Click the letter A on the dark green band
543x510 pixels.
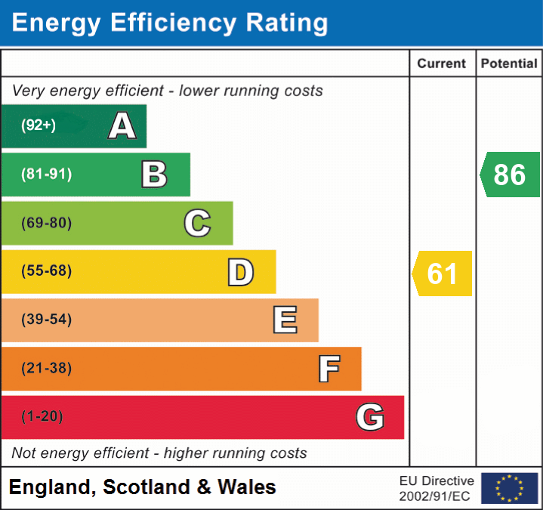point(122,126)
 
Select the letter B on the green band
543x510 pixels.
point(154,175)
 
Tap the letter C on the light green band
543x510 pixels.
point(197,223)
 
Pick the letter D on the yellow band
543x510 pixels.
point(240,272)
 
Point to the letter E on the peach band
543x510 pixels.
point(285,320)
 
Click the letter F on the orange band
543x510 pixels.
point(329,369)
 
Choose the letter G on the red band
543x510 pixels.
point(370,417)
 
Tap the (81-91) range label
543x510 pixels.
point(46,175)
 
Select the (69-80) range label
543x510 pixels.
point(46,223)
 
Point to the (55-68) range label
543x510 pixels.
point(46,271)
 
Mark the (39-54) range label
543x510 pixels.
point(46,320)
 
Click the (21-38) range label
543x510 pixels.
point(46,369)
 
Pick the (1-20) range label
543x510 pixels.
point(42,417)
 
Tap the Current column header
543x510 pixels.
point(442,64)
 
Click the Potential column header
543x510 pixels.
point(509,64)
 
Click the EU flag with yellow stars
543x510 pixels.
point(509,488)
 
